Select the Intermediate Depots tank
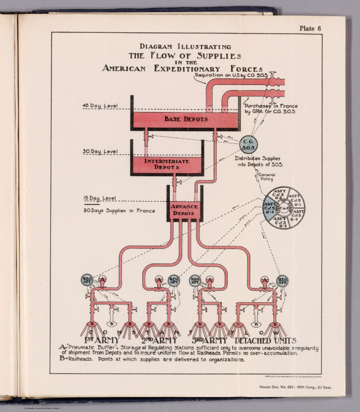click(167, 164)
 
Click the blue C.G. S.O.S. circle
click(249, 144)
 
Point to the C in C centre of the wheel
click(283, 208)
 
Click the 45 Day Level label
click(100, 106)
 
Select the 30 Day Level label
click(100, 151)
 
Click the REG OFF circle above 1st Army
click(87, 280)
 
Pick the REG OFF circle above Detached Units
click(283, 280)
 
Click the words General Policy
click(266, 177)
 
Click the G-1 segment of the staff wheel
click(295, 202)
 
